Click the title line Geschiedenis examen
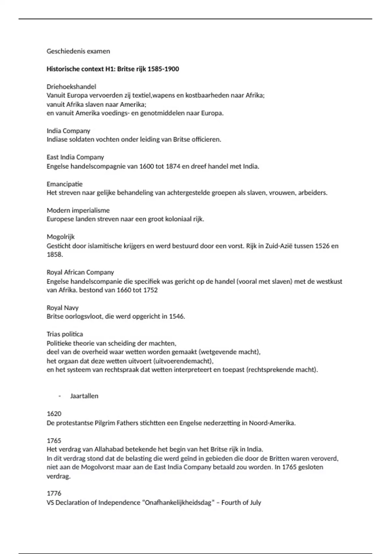pos(78,51)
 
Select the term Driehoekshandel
pos(71,87)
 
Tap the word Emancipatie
pos(65,184)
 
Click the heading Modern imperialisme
pos(78,211)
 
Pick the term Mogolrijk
pos(61,237)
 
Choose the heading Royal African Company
pos(80,272)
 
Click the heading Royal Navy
pos(63,308)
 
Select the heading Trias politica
pos(65,334)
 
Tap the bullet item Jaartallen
pos(84,396)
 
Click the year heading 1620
pos(54,414)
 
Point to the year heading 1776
pos(54,494)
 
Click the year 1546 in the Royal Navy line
pos(176,316)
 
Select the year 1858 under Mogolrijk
pos(54,255)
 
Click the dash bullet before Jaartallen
pos(60,396)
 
